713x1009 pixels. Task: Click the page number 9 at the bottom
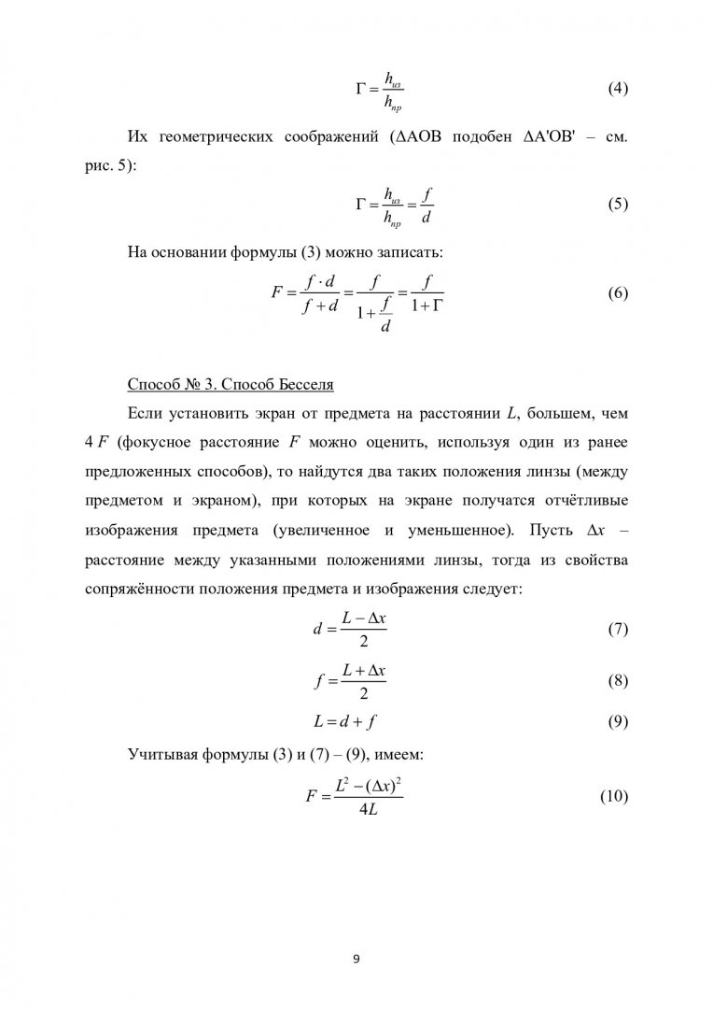[x=356, y=957]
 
